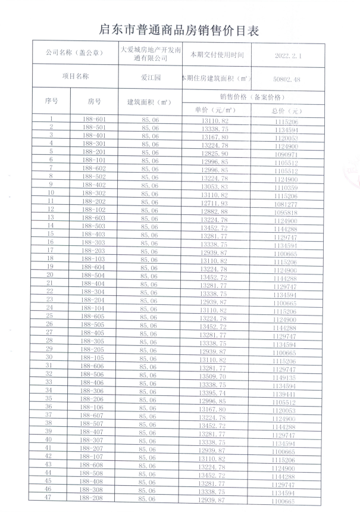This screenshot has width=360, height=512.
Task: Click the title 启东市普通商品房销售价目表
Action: click(x=179, y=30)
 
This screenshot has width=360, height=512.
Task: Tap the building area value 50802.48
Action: click(x=287, y=78)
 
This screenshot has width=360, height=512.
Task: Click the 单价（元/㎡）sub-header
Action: click(x=215, y=110)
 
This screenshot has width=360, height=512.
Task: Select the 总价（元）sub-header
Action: click(x=287, y=111)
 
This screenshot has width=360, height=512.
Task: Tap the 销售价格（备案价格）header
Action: click(x=251, y=96)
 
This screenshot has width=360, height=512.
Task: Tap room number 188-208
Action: click(x=95, y=499)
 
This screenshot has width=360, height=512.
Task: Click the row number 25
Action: click(x=51, y=316)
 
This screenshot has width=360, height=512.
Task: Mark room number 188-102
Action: click(x=95, y=210)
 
